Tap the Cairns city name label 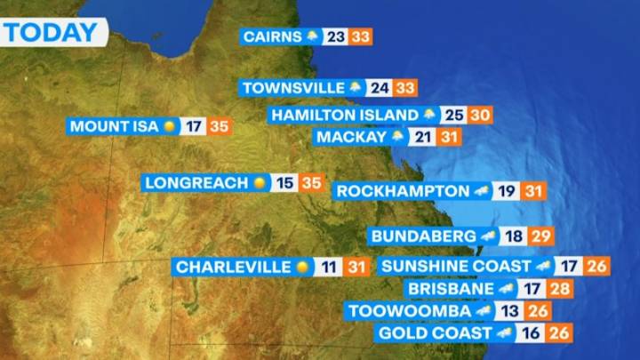coord(271,37)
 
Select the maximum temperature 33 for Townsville coord(405,88)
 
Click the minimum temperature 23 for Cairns coord(336,37)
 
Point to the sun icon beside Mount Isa coord(169,126)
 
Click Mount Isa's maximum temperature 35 coord(220,126)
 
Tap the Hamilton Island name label coord(344,115)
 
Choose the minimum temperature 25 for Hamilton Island coord(455,115)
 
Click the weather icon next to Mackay coord(397,137)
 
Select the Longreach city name coord(196,182)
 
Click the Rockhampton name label coord(403,190)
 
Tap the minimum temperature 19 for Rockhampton coord(507,190)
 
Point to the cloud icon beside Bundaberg coord(487,236)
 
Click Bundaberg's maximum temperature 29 coord(540,236)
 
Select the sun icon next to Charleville coord(303,267)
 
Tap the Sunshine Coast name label coord(454,266)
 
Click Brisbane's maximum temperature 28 coord(560,289)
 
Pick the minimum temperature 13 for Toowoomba coord(509,311)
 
